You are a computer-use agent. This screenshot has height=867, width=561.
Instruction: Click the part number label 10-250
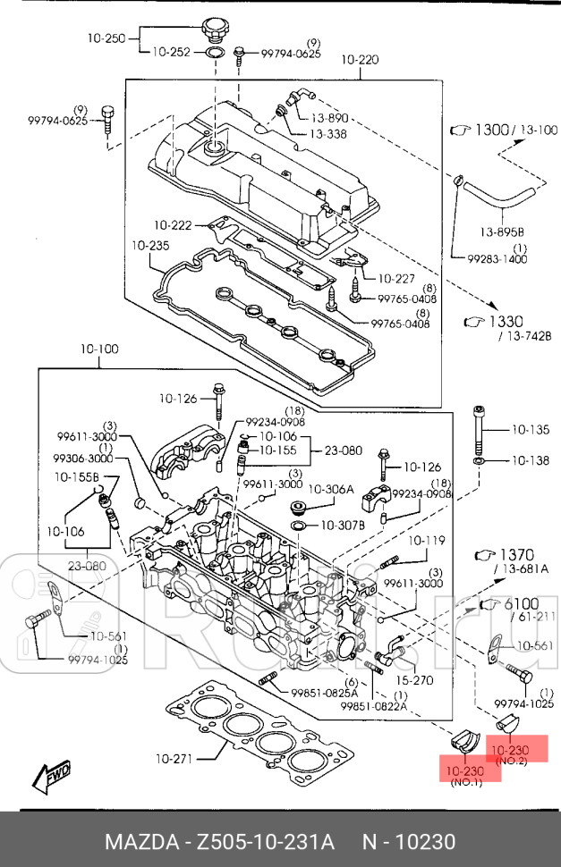pos(108,38)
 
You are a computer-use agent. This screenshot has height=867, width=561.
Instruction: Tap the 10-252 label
pos(171,53)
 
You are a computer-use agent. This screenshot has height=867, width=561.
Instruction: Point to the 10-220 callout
pos(360,60)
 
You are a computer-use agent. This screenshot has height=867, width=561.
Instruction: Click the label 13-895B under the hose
pos(504,232)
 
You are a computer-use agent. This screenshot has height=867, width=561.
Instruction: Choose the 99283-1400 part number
pos(497,258)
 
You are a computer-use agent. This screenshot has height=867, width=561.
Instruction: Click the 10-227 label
pos(398,278)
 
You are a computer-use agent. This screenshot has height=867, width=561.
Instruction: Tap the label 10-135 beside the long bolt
pos(531,430)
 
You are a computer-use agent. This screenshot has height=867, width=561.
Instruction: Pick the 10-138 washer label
pos(531,461)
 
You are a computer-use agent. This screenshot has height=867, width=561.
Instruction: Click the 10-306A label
pos(331,490)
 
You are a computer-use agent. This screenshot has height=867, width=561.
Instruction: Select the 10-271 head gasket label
pos(174,760)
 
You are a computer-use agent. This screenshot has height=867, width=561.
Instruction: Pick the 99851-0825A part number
pos(324,693)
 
